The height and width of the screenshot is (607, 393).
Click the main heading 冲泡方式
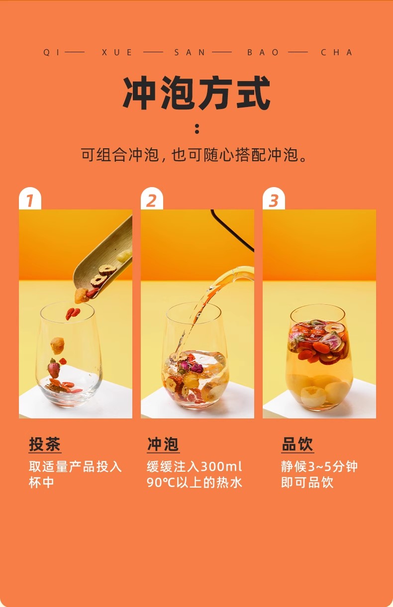point(196,93)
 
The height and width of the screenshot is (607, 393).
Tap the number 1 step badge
point(30,199)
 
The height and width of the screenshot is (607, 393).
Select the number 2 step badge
point(152,199)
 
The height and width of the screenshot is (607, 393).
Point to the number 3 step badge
point(274,199)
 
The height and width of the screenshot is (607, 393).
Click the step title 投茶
point(45,444)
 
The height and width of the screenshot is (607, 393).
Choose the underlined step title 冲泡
point(163,444)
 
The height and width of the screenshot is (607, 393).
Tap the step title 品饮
point(297,444)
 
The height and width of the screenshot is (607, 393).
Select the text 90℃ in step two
point(161,483)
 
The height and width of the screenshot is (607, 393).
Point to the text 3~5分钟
point(333,467)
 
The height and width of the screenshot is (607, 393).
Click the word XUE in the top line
point(117,52)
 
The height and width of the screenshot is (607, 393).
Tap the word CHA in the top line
point(336,52)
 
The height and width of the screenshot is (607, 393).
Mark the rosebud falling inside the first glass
point(54,368)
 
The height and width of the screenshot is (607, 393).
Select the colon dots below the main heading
point(197,129)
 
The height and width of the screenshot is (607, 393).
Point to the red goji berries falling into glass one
point(73,314)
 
